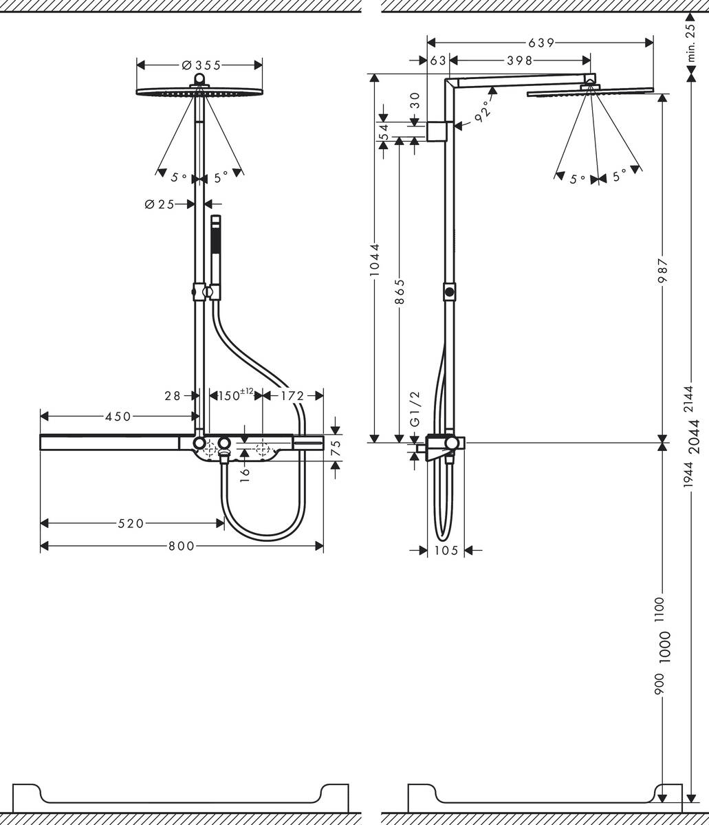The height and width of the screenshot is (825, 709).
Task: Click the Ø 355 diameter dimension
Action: tap(201, 65)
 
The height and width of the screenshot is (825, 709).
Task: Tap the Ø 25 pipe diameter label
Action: tap(160, 204)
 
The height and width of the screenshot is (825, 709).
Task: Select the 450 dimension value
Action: tap(118, 416)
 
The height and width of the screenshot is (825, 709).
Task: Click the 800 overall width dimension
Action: tap(182, 547)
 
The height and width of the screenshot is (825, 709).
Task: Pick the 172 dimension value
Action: tap(293, 396)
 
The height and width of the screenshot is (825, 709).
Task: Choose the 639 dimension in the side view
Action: tap(541, 43)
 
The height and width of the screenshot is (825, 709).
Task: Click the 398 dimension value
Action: tap(520, 60)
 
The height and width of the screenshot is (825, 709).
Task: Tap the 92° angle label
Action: tap(484, 112)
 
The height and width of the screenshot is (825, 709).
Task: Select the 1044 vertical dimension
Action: tap(374, 260)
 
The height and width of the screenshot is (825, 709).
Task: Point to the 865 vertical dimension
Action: tap(400, 292)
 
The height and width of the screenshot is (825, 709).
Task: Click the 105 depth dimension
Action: tap(446, 550)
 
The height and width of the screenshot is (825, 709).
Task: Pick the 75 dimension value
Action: tap(336, 448)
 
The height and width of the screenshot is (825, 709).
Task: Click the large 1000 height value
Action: tap(664, 646)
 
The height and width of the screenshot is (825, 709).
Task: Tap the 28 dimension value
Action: tap(173, 396)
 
